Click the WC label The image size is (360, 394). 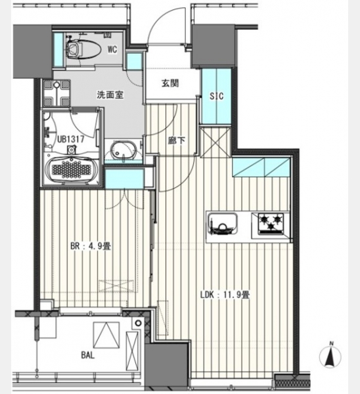coord(112,49)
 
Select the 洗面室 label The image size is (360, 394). coord(110,95)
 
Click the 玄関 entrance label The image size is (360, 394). coord(170,83)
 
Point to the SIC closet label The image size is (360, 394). coord(216,96)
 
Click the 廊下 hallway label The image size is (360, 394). coord(177,141)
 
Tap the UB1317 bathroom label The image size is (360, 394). coord(71,139)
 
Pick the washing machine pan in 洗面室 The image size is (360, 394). coord(56,93)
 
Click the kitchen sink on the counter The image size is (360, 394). coord(223,225)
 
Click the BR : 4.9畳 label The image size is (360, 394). coord(91,246)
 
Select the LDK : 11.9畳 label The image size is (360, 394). coord(225,295)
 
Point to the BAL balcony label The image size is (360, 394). coord(88,355)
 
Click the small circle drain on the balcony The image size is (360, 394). coord(138,323)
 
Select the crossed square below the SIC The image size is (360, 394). coord(215,142)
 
